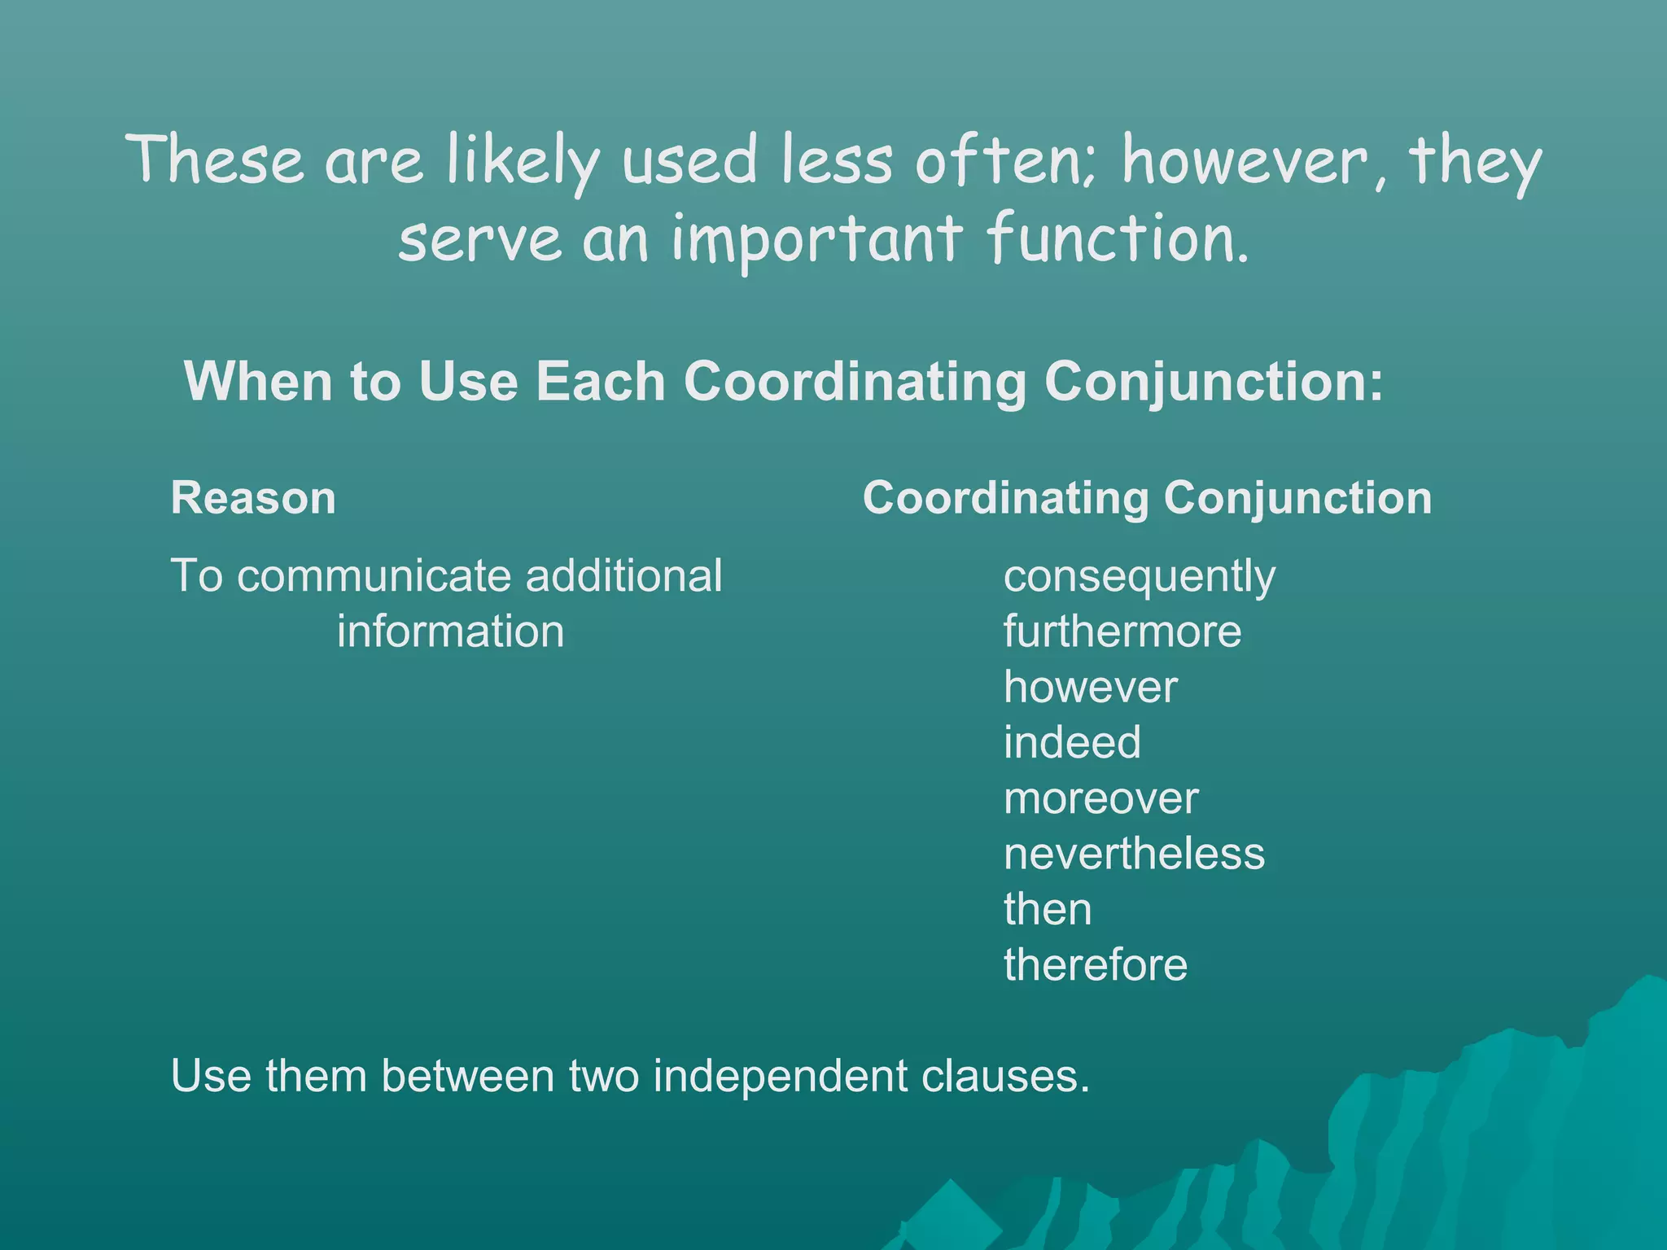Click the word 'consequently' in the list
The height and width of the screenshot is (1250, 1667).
(1139, 578)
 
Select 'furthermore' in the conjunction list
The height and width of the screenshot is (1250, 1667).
(1122, 632)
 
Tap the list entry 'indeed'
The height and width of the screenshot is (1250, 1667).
(1071, 742)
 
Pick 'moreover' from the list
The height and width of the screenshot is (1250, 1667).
(1100, 798)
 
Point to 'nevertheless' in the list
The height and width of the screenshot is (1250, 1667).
(1134, 854)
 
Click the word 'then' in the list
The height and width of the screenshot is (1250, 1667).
(1047, 909)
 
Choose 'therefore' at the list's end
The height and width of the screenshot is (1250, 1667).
(1095, 965)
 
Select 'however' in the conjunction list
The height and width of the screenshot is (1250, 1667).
(1090, 687)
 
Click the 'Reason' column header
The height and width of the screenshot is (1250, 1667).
(253, 498)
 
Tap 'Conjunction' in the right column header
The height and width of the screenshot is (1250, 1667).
(1297, 498)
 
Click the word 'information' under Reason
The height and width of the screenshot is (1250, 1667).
(450, 632)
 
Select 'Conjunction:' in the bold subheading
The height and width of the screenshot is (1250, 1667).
(1213, 382)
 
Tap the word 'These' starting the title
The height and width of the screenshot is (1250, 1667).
(216, 160)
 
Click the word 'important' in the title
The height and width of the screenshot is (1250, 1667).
(816, 241)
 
